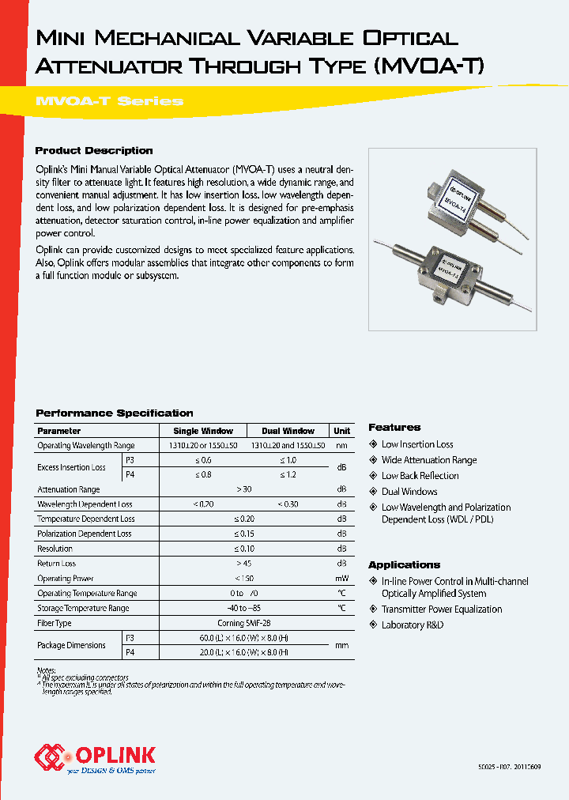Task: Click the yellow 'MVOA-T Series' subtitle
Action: coord(110,101)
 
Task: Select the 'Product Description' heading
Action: coord(94,150)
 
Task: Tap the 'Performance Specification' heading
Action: coord(115,413)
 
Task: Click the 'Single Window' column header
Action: coord(203,431)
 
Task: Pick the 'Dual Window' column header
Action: coord(288,431)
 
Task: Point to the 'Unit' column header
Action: coord(341,431)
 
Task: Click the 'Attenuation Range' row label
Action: coord(69,489)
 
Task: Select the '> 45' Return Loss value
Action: coord(243,564)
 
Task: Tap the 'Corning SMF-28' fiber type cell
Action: coord(243,623)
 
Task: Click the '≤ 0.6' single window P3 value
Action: coord(203,460)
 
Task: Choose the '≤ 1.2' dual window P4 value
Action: coord(288,474)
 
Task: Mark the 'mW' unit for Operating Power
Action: coord(341,579)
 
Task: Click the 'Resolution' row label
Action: coord(55,549)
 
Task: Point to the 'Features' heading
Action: coord(394,427)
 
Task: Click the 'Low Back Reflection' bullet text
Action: coord(420,476)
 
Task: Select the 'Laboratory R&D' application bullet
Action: coord(413,625)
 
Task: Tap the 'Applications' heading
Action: coord(404,564)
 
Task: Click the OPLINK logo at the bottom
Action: coord(95,757)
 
